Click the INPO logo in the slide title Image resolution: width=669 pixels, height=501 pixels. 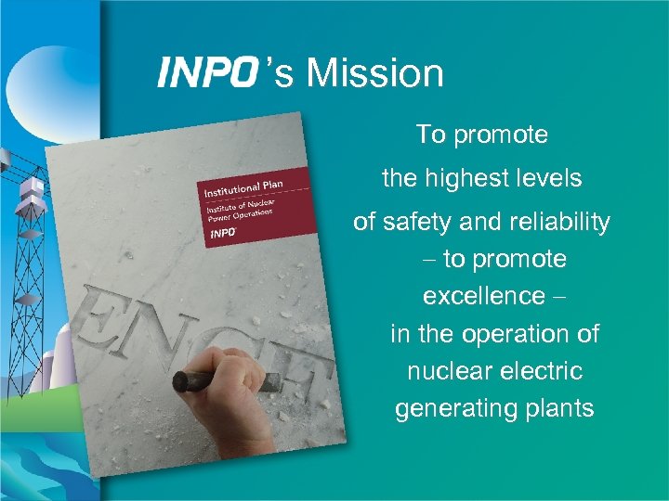coord(206,71)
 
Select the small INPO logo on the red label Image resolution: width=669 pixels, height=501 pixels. coord(222,234)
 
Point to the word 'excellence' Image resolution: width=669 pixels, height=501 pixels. coord(484,296)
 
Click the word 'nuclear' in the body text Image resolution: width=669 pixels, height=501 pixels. coord(451,371)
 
